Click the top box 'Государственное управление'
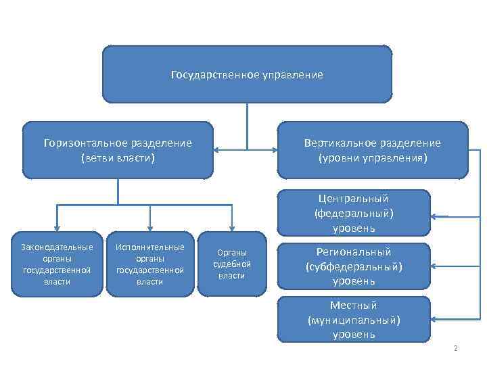[247, 74]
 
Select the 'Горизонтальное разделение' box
[118, 150]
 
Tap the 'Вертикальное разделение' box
[372, 150]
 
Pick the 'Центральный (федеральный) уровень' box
[354, 213]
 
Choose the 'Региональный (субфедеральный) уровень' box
[354, 266]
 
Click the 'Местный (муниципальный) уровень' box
[354, 319]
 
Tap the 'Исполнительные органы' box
[149, 264]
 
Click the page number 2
[456, 349]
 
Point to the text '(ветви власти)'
[118, 158]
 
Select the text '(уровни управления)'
[372, 158]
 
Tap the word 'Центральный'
[354, 198]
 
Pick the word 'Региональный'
[354, 251]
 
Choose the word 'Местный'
[354, 305]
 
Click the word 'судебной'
[232, 264]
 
